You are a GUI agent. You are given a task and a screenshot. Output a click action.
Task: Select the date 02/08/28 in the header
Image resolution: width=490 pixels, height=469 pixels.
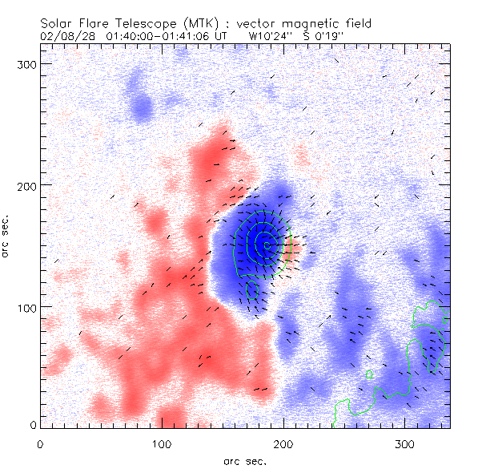[65, 36]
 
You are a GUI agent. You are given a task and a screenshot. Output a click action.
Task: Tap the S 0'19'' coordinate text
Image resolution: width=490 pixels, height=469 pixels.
[329, 36]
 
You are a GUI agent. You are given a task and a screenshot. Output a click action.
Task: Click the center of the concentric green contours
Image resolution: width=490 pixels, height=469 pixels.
[266, 245]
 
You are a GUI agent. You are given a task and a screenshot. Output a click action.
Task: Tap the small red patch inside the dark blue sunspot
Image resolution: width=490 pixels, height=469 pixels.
[291, 245]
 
